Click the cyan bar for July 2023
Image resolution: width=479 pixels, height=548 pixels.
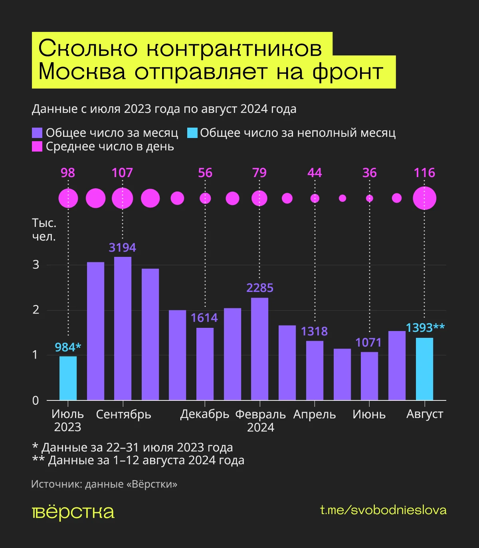[68, 378]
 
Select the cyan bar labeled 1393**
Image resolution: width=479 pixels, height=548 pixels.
[424, 369]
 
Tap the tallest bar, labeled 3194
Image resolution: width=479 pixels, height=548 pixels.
[123, 328]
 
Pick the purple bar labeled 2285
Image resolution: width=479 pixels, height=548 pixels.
[259, 349]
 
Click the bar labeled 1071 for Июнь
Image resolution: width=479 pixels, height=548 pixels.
[369, 376]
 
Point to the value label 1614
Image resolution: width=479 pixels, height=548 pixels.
[204, 318]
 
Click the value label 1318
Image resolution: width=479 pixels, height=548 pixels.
[314, 331]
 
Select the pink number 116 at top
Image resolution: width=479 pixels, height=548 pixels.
[424, 173]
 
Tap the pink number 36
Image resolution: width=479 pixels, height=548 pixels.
[369, 173]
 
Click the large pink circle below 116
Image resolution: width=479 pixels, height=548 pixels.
[424, 198]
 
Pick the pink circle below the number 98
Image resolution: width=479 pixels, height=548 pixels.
[68, 198]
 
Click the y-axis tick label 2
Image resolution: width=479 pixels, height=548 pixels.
[36, 310]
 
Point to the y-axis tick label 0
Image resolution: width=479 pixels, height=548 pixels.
[36, 400]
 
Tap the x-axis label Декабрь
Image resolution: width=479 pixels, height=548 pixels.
[204, 414]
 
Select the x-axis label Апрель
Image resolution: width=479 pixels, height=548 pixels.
[315, 414]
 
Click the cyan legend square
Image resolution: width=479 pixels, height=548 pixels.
[192, 133]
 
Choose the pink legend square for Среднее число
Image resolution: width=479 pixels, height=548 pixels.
[37, 147]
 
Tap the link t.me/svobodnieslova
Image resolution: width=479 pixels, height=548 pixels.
[383, 510]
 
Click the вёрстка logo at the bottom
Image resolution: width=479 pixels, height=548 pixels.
[73, 512]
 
